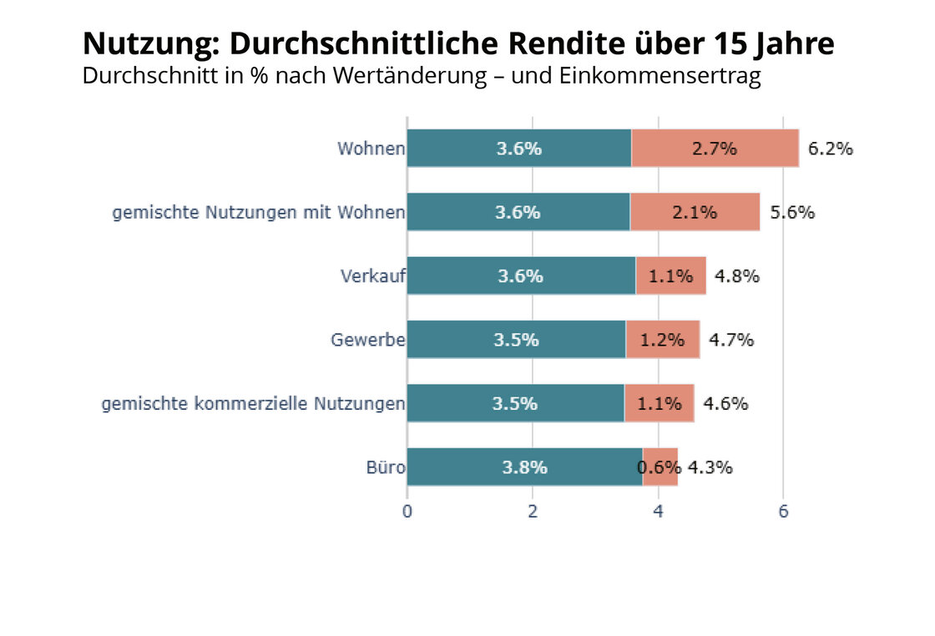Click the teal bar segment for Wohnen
point(518,149)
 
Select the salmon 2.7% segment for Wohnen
point(715,149)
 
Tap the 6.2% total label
point(830,149)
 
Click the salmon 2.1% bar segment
point(695,212)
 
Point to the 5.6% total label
point(791,212)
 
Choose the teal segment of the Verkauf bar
point(520,276)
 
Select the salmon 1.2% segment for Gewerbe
point(662,340)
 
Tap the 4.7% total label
point(730,340)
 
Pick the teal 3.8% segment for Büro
point(524,467)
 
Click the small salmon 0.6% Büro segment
point(660,467)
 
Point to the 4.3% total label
point(710,467)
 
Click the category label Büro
point(386,467)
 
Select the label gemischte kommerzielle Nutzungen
point(253,404)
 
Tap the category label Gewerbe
point(367,340)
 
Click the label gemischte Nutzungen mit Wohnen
point(259,212)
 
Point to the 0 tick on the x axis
point(407,512)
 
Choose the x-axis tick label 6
point(783,512)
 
